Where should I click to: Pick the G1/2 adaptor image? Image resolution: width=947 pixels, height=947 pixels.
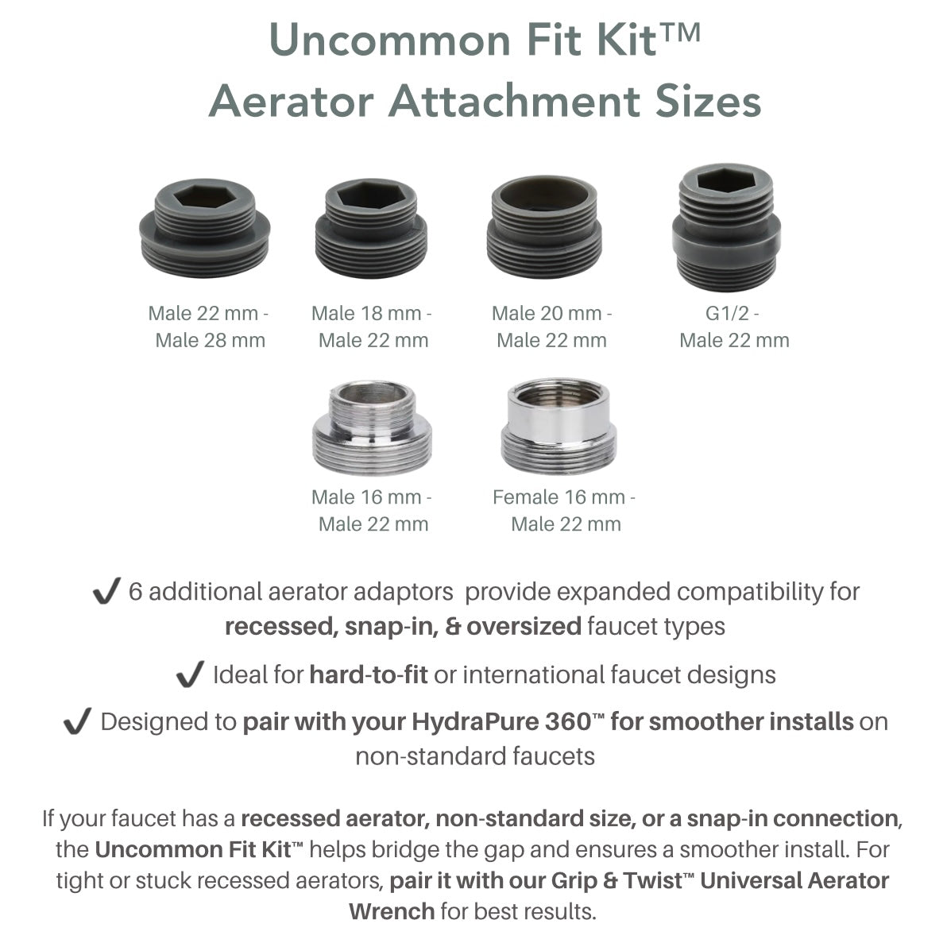[x=726, y=229]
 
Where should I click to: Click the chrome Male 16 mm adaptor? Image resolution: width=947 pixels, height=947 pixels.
[x=372, y=428]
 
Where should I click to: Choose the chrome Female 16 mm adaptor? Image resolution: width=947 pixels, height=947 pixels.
[x=559, y=427]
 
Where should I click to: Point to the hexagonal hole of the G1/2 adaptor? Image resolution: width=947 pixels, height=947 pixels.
[x=726, y=182]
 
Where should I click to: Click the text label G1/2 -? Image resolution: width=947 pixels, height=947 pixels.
[x=732, y=313]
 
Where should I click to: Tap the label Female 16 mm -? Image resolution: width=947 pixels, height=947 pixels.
[x=564, y=497]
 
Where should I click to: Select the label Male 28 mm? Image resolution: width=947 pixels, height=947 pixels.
[x=211, y=341]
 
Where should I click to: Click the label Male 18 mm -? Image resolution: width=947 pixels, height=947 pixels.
[x=372, y=313]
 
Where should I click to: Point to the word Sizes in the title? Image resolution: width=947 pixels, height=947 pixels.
[x=704, y=101]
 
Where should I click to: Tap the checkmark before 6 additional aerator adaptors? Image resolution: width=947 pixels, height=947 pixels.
[x=106, y=593]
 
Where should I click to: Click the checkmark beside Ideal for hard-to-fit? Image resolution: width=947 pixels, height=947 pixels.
[x=190, y=675]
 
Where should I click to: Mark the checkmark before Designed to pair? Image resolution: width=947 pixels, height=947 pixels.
[x=77, y=722]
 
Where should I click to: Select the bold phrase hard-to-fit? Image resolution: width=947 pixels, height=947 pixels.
[x=369, y=675]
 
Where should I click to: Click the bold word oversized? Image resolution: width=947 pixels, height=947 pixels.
[x=524, y=627]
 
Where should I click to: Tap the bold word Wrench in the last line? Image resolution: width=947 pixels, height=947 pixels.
[x=392, y=910]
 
